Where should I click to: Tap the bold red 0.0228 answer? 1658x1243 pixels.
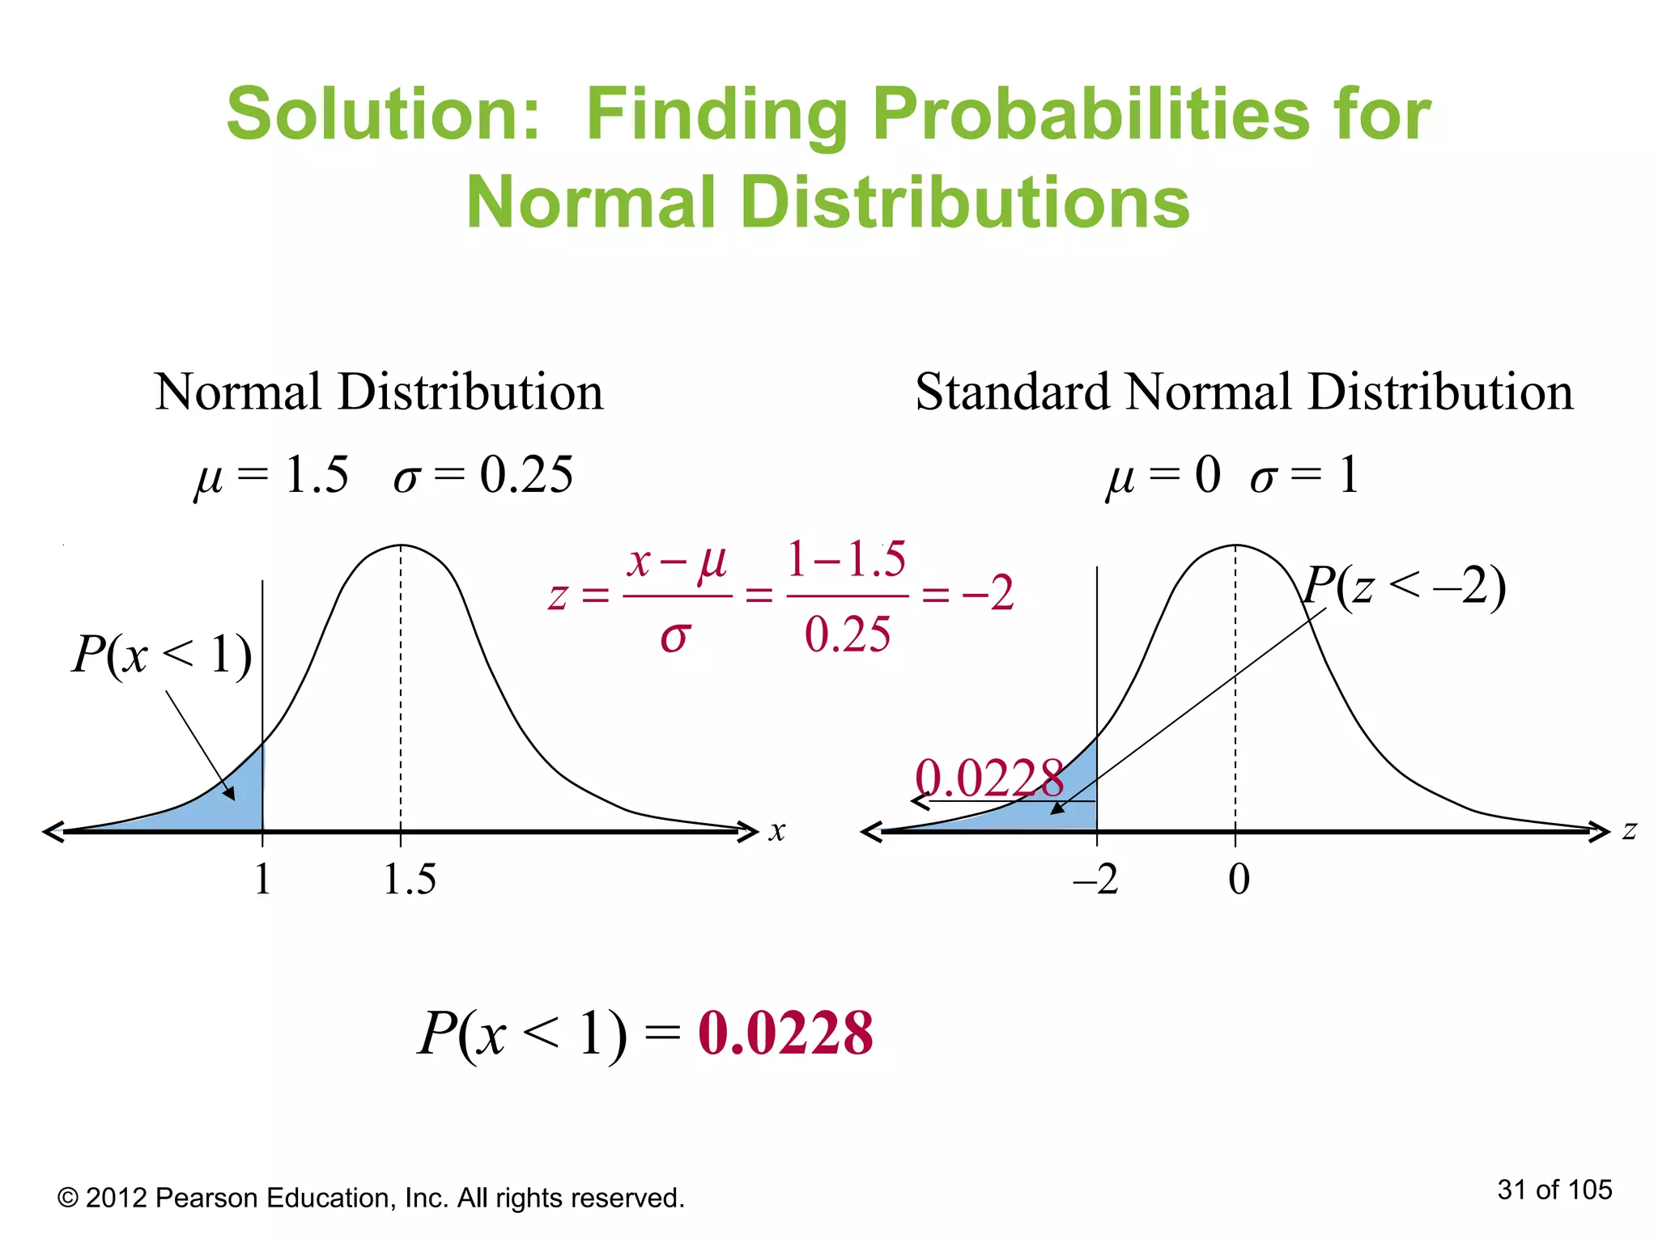pos(785,1033)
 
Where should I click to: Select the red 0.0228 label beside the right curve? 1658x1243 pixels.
pos(988,778)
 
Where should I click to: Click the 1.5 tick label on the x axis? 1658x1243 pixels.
pos(410,880)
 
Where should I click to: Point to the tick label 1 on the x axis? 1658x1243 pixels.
pos(262,880)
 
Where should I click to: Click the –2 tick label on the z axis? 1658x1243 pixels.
pos(1095,880)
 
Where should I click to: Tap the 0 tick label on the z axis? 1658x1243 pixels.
pos(1239,880)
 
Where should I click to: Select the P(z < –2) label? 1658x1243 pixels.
pos(1405,586)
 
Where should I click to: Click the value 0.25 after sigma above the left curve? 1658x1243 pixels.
pos(526,475)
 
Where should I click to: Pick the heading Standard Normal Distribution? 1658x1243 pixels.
pos(1244,392)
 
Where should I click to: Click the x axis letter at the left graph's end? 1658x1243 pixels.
pos(777,831)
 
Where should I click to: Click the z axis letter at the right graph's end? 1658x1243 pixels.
pos(1630,830)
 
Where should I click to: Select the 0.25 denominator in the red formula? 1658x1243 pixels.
pos(848,634)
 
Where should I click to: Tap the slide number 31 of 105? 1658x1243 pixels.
pos(1554,1190)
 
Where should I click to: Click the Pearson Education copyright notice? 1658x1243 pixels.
pos(371,1198)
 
